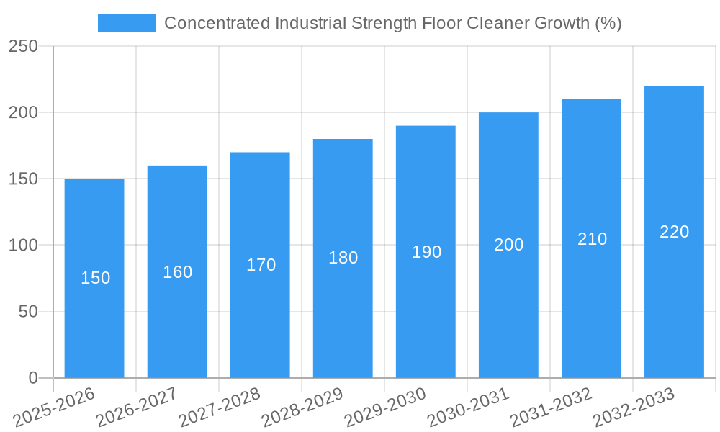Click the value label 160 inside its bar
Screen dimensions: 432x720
coord(177,272)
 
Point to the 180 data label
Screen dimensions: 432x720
coord(343,258)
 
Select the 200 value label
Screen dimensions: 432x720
coord(508,245)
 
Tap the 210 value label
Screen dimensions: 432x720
coord(592,239)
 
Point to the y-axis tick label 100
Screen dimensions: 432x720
coord(23,246)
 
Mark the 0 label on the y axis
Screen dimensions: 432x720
coord(33,378)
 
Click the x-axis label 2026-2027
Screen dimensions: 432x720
coord(137,407)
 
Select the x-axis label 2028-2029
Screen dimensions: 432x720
coord(302,407)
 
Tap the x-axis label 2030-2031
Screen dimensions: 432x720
coord(468,407)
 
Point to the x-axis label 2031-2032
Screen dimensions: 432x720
coord(551,407)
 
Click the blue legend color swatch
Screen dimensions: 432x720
coord(127,23)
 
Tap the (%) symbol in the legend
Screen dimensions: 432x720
coord(608,23)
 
